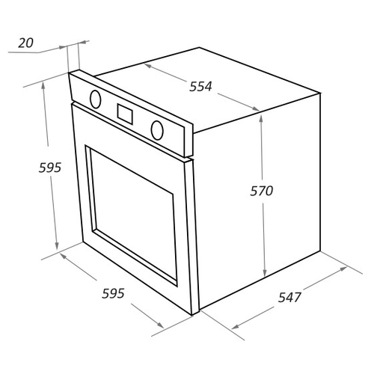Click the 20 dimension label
point(25,43)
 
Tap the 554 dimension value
point(200,87)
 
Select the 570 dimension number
point(262,191)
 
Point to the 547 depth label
point(289,297)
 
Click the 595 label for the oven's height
point(50,168)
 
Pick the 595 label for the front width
point(113,293)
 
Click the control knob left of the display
point(96,99)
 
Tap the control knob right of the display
point(157,130)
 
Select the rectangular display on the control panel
point(125,114)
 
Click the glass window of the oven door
point(134,216)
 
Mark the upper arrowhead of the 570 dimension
point(261,120)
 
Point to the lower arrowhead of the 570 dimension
point(265,272)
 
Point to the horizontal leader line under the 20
point(24,52)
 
